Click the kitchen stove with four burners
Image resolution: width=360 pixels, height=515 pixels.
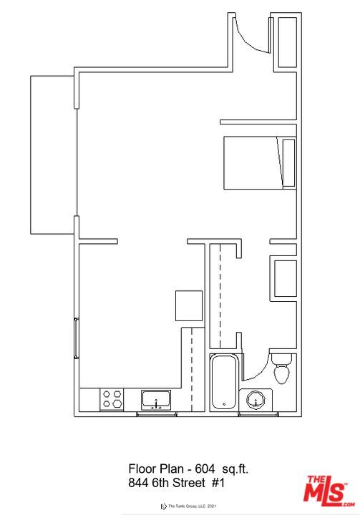(112, 398)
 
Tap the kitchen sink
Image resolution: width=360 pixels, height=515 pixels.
(155, 399)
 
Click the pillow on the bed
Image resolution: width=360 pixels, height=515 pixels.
(289, 163)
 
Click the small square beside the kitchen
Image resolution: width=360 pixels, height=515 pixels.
(191, 306)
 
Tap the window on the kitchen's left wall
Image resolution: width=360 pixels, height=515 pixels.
(77, 339)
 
